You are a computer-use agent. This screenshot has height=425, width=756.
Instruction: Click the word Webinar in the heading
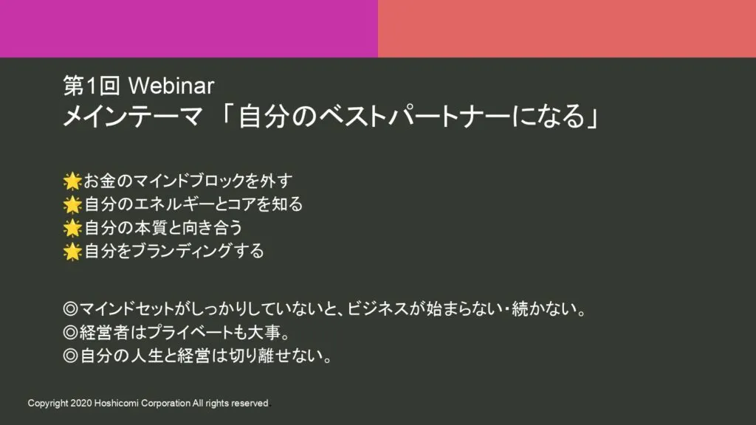coord(171,86)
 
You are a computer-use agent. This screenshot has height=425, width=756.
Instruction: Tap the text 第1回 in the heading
coord(92,86)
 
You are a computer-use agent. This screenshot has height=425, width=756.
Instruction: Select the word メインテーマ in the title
coord(133,116)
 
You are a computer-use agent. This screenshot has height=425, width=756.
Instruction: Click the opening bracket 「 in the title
coord(226,114)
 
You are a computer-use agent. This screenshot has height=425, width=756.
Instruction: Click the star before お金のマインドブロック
coord(72,182)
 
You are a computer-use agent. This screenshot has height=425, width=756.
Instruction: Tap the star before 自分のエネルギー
coord(72,204)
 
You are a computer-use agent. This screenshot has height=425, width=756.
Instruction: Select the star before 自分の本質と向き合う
coord(72,228)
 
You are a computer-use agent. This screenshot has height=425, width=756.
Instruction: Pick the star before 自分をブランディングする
coord(72,252)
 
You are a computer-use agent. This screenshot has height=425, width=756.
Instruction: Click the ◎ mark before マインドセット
coord(70,309)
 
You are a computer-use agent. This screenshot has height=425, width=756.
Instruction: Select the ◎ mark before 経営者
coord(70,333)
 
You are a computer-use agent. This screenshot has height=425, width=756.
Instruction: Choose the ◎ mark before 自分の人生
coord(70,356)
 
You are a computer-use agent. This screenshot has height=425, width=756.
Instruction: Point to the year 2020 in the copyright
coord(81,404)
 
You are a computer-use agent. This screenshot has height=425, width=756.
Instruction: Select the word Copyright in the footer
coord(48,404)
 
